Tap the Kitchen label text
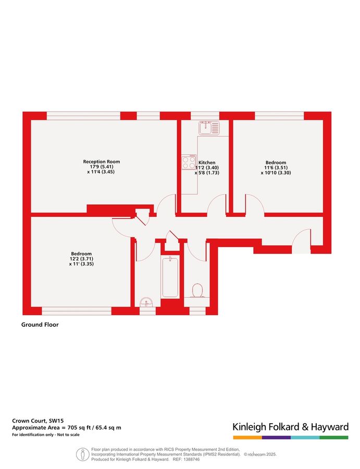click(207, 163)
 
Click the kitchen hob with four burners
click(189, 162)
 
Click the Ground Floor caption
click(40, 325)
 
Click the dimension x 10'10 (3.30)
click(275, 172)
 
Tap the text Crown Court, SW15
click(34, 420)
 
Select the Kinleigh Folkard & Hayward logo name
click(290, 427)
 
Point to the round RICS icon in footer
click(83, 453)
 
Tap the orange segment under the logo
click(246, 437)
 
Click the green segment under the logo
click(334, 437)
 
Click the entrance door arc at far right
click(301, 241)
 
